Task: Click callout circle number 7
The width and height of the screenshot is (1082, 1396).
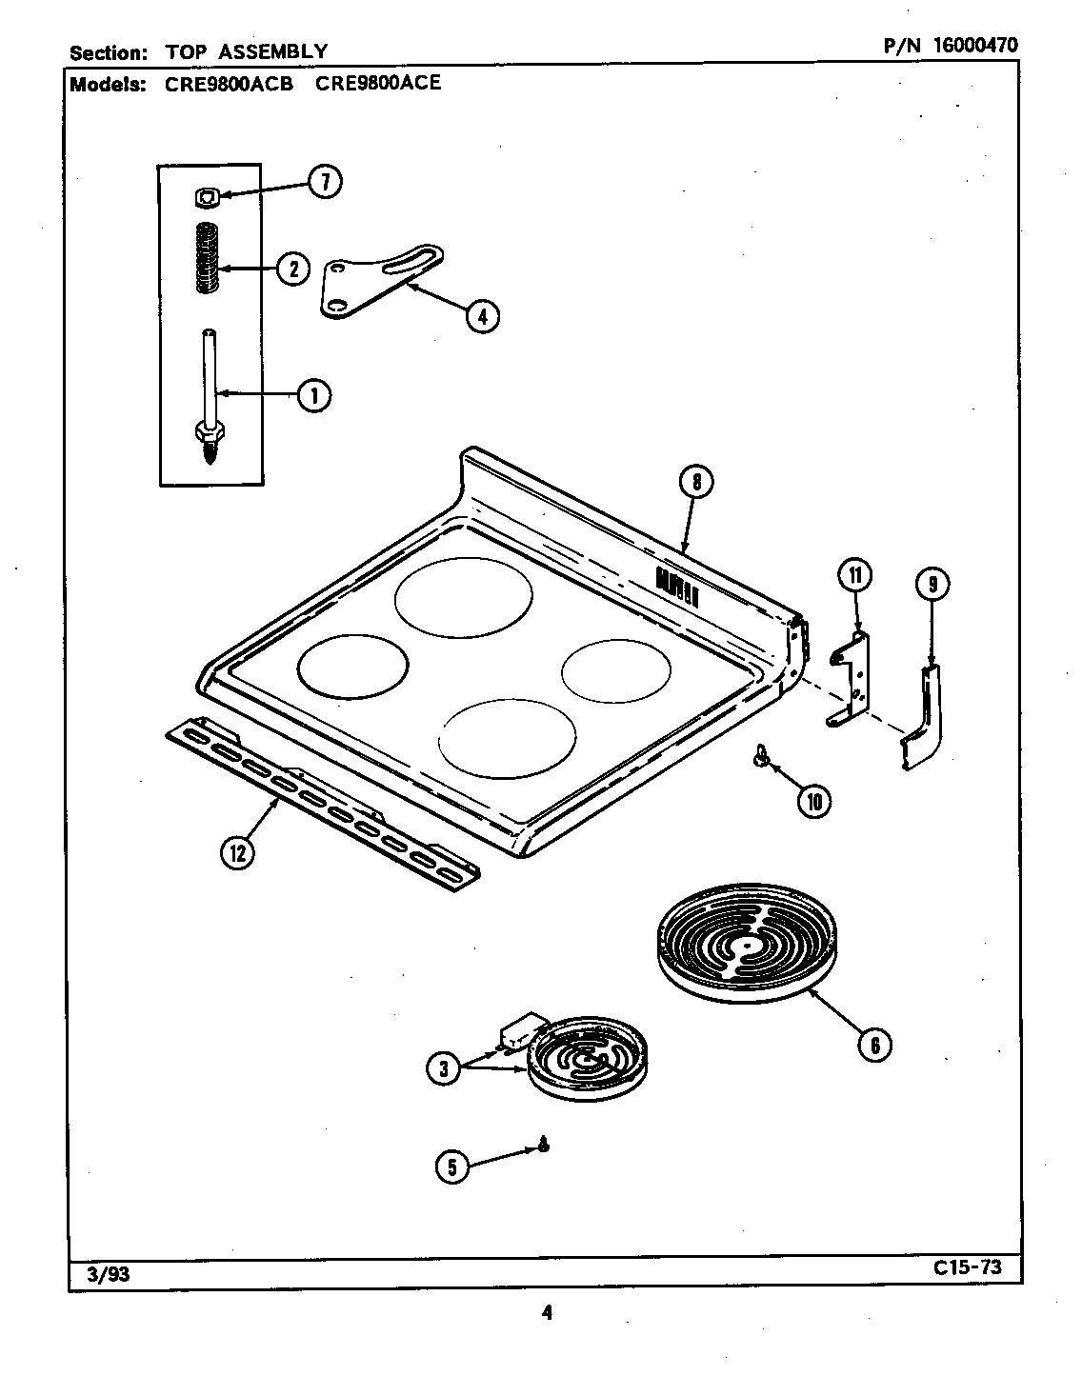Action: pos(323,182)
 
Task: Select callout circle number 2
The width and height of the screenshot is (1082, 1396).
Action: pos(293,269)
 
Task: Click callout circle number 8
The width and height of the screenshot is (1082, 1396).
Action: pos(696,483)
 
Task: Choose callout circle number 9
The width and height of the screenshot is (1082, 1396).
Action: pos(932,584)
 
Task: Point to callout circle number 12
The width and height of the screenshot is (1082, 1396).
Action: pos(237,853)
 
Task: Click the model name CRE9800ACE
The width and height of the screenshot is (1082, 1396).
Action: pos(378,83)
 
